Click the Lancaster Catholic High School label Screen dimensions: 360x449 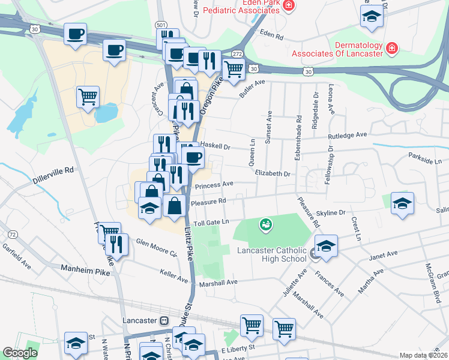pos(271,254)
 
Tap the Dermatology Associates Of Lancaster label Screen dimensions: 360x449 pos(337,49)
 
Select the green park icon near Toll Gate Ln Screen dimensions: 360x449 pos(264,225)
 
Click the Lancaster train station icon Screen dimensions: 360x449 pos(164,320)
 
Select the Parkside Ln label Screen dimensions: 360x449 pos(424,161)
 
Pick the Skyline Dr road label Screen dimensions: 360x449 pos(331,212)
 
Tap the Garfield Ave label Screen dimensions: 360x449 pos(16,253)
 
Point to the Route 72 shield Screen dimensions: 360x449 pos(12,233)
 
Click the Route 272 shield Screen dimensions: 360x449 pos(237,54)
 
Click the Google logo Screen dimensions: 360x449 pos(20,353)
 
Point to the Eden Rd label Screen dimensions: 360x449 pos(270,36)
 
